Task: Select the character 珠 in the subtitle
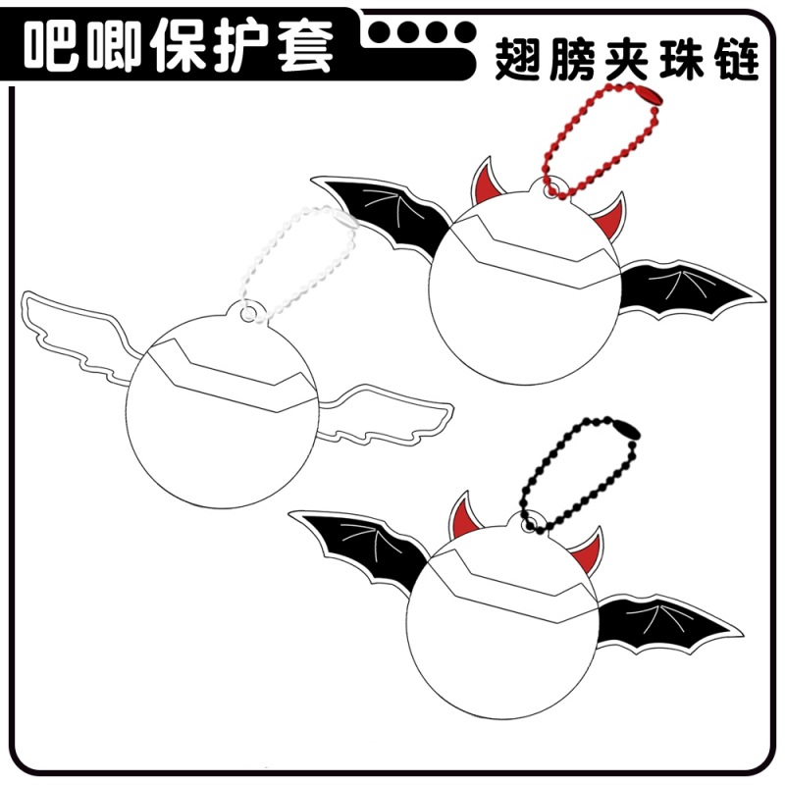pyautogui.click(x=681, y=60)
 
